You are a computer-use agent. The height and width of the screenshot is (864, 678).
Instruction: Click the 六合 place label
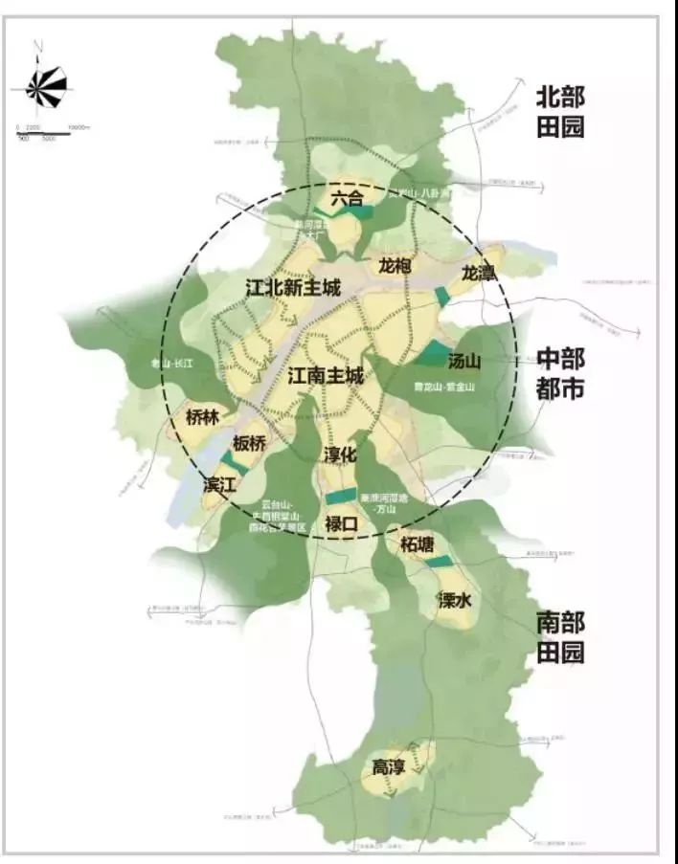(348, 200)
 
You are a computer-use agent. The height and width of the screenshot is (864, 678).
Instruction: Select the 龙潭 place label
(478, 273)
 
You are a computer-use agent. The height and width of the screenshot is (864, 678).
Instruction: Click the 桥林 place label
(203, 418)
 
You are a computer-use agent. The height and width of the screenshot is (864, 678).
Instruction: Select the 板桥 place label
(250, 445)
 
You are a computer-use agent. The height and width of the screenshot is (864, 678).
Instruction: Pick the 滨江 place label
(219, 485)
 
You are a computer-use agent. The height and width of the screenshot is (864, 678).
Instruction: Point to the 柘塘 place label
(418, 544)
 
